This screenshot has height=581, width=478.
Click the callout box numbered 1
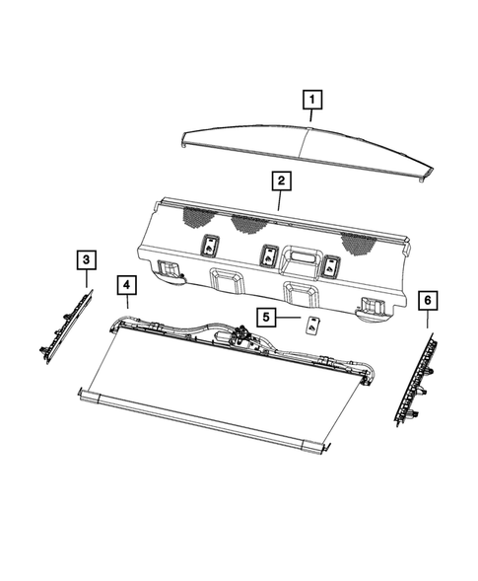311,100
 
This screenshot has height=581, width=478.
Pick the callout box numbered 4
126,286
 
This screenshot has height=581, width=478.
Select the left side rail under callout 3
64,326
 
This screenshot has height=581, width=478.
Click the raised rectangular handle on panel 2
301,260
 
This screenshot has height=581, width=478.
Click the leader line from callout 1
311,117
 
